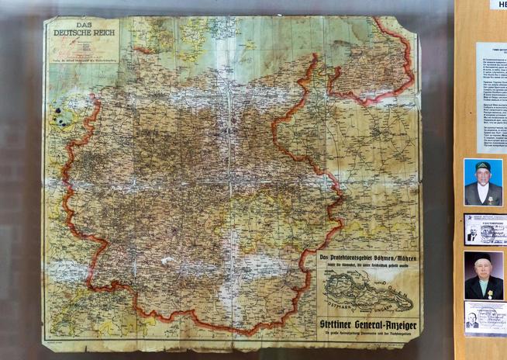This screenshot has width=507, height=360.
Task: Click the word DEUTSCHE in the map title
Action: (69, 33)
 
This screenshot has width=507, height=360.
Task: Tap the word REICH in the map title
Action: (99, 33)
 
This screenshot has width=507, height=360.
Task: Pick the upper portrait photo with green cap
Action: (483, 182)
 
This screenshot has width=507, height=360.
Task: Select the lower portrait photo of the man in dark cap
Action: (483, 275)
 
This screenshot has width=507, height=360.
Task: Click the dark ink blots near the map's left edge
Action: (58, 116)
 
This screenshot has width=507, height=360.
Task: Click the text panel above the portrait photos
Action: (491, 97)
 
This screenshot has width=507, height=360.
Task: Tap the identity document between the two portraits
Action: (485, 230)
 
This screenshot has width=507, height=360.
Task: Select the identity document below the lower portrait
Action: (485, 317)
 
